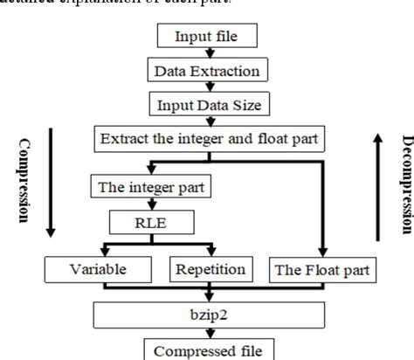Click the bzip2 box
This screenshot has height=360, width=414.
(x=206, y=312)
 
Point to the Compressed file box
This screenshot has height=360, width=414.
(x=206, y=347)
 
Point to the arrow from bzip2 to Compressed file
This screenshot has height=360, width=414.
(x=206, y=329)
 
